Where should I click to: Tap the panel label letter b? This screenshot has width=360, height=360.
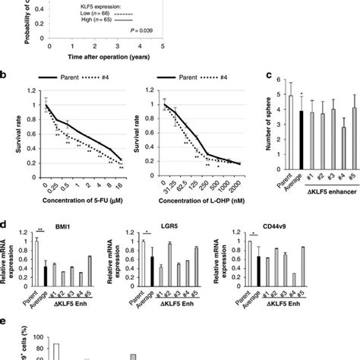click(x=5, y=74)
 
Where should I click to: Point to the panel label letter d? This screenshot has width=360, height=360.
click(x=5, y=226)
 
